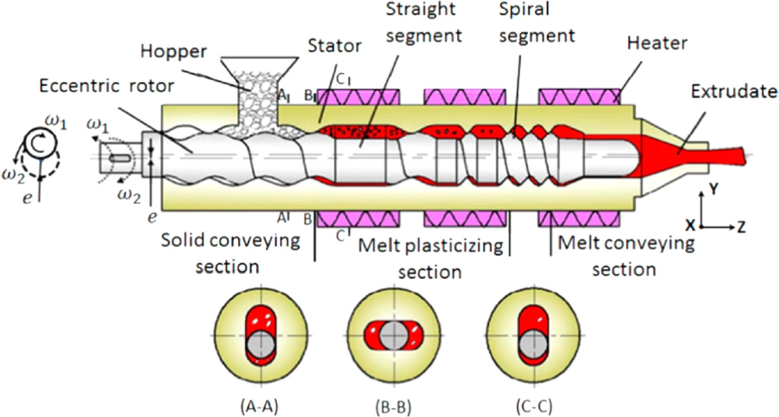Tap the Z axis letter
[x=742, y=228]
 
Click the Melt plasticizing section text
[x=430, y=258]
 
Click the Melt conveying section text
[x=624, y=255]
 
